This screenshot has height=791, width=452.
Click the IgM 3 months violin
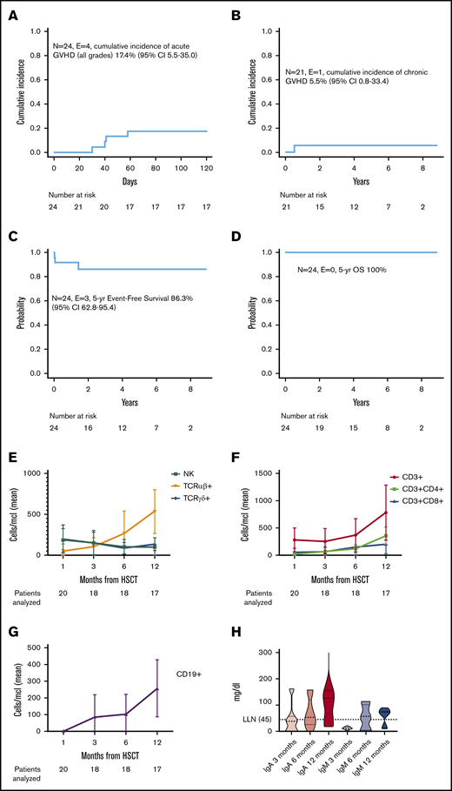(347, 727)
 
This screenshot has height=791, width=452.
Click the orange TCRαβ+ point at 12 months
(203, 511)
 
